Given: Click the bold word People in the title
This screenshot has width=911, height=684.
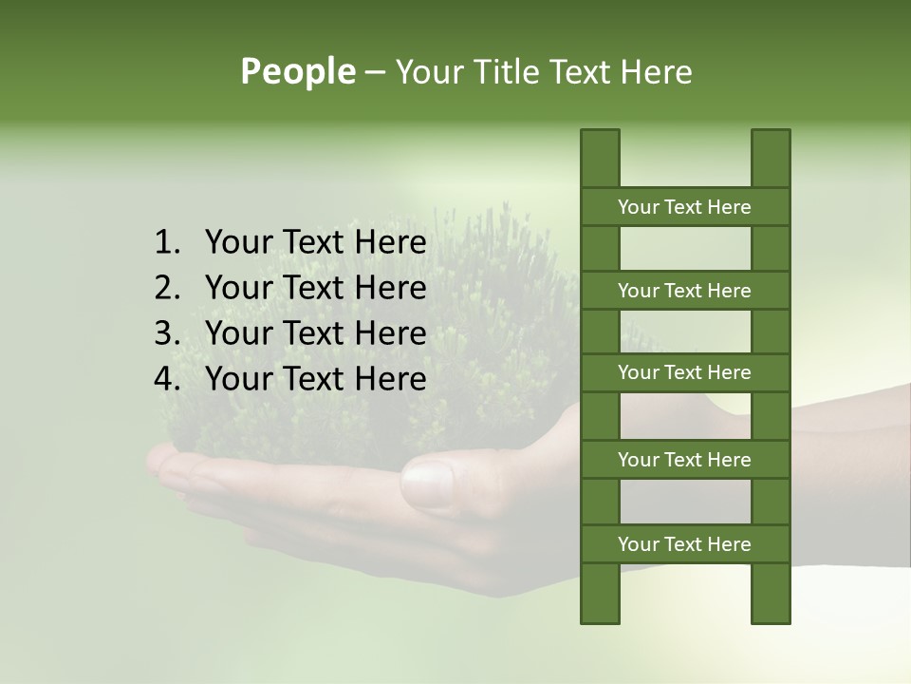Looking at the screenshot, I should click(x=298, y=71).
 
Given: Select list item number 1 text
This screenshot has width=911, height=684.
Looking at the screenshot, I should click(x=315, y=243).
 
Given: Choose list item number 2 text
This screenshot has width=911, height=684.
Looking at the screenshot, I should click(x=315, y=288).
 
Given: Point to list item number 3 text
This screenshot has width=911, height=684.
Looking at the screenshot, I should click(x=315, y=333).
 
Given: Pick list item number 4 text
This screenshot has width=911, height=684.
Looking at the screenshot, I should click(x=315, y=379).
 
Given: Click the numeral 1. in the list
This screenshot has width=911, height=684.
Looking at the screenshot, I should click(x=167, y=243).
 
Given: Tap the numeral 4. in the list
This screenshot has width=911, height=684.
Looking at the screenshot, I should click(x=167, y=379).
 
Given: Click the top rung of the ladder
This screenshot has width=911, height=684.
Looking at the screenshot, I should click(x=684, y=207).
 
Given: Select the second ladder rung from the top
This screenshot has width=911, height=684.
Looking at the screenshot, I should click(x=684, y=291).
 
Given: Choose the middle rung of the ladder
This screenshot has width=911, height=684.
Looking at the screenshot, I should click(x=684, y=372).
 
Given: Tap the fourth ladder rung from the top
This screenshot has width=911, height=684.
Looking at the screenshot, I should click(x=684, y=460).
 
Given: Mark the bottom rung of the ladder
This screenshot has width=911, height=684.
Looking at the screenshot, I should click(x=684, y=544).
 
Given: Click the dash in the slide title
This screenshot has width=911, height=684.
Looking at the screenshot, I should click(x=375, y=73).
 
